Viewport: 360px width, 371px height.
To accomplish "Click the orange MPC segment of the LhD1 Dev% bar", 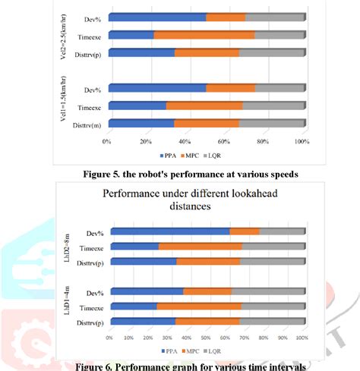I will (207, 292).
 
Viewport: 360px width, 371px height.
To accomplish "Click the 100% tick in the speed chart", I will (302, 142).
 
